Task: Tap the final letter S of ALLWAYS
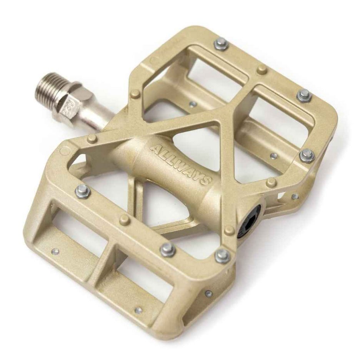tap(207, 180)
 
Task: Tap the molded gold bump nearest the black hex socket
tap(230, 230)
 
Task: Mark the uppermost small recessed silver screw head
tap(193, 104)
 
